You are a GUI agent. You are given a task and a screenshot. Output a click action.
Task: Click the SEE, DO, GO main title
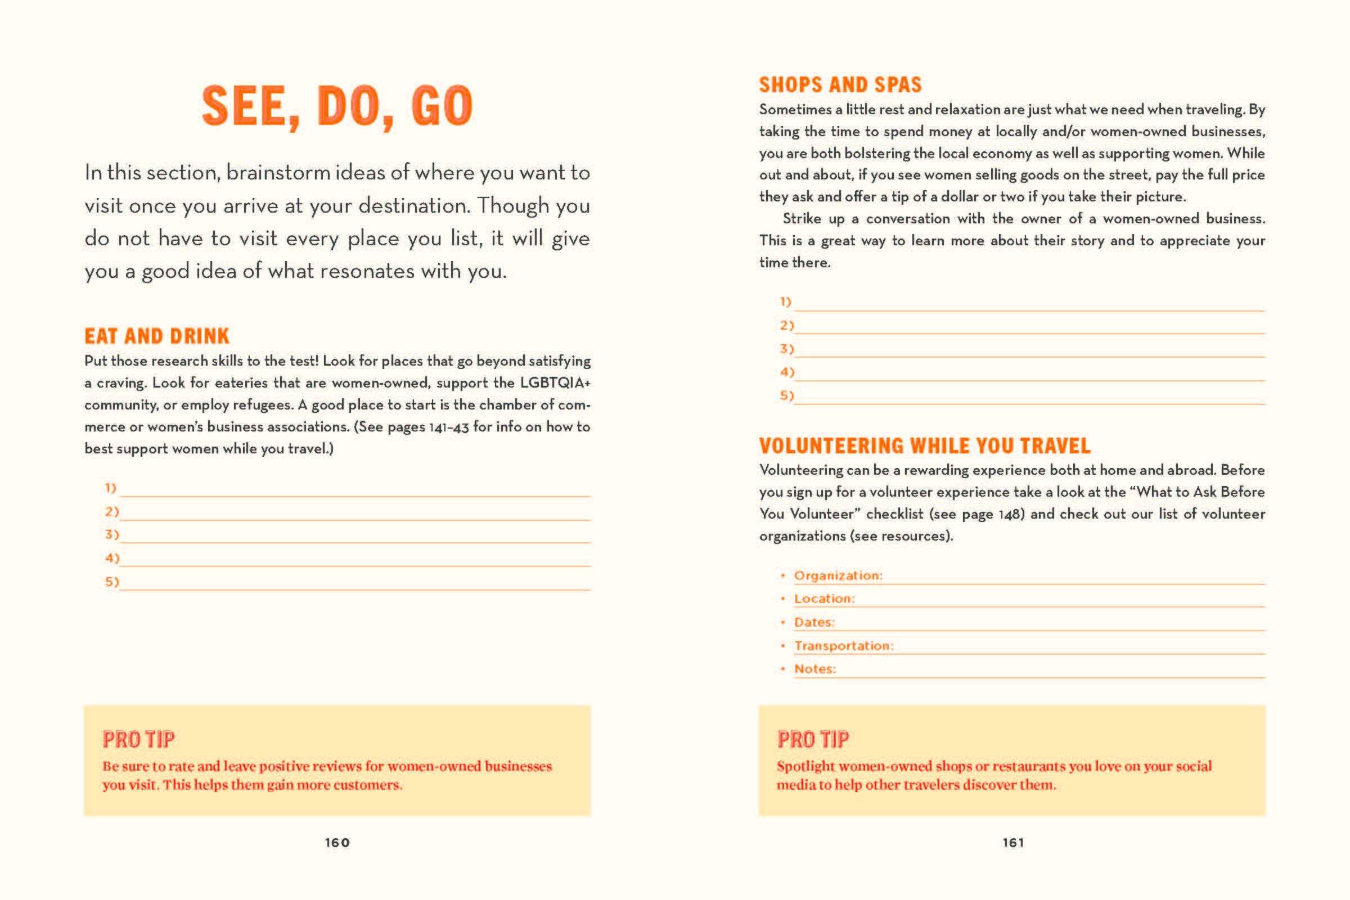click(337, 107)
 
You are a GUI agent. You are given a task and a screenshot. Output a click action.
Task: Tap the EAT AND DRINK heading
click(157, 336)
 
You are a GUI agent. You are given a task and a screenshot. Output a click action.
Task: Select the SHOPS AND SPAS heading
click(840, 85)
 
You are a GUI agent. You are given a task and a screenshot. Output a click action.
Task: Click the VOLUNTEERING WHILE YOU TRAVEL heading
click(925, 446)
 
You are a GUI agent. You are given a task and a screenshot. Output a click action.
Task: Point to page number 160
click(337, 843)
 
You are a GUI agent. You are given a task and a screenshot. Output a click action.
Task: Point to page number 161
click(1013, 843)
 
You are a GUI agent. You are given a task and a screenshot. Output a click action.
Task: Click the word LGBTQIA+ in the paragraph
click(555, 383)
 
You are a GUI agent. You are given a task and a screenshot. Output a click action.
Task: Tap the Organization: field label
click(838, 575)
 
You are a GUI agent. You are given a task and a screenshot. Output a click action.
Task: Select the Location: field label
click(824, 598)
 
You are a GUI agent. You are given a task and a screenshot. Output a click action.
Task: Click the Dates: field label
click(814, 622)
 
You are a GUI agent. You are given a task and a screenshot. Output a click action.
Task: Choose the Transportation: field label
click(844, 646)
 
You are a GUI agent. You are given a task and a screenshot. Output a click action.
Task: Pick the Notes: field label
click(815, 669)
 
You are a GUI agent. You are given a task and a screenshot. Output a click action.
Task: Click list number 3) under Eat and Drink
click(112, 534)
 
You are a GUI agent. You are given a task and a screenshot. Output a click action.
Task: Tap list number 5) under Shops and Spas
click(786, 395)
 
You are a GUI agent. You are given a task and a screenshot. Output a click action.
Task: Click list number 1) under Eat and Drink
click(111, 488)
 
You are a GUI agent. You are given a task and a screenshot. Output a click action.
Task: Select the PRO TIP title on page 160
click(138, 739)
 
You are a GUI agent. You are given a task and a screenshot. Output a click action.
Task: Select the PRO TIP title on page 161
click(813, 739)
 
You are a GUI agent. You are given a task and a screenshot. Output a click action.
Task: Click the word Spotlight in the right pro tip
click(807, 766)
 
